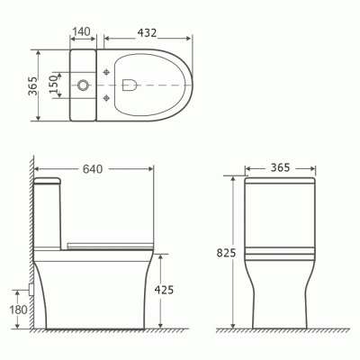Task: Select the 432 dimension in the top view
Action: tap(149, 31)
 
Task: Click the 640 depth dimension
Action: tap(91, 166)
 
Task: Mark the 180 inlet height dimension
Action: tap(15, 310)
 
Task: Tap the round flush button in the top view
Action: tap(84, 85)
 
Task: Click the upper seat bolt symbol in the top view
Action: tap(107, 71)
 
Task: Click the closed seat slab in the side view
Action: tap(106, 242)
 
